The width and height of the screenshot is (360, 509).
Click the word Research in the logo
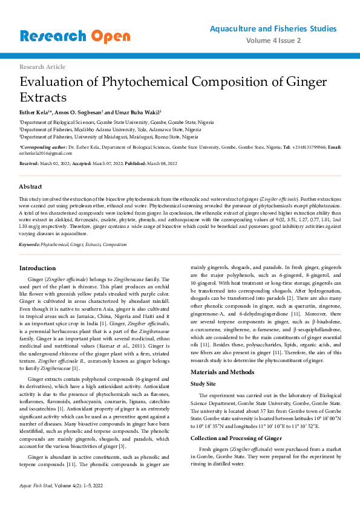pyautogui.click(x=53, y=36)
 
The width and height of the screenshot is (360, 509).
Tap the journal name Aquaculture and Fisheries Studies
pyautogui.click(x=273, y=28)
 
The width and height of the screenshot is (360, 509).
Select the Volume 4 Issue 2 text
pyautogui.click(x=292, y=41)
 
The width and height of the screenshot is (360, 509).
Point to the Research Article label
pyautogui.click(x=42, y=66)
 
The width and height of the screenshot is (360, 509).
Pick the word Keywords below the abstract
pyautogui.click(x=29, y=244)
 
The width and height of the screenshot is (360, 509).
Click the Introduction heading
pyautogui.click(x=38, y=268)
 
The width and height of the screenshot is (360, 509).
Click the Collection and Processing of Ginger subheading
pyautogui.click(x=236, y=421)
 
